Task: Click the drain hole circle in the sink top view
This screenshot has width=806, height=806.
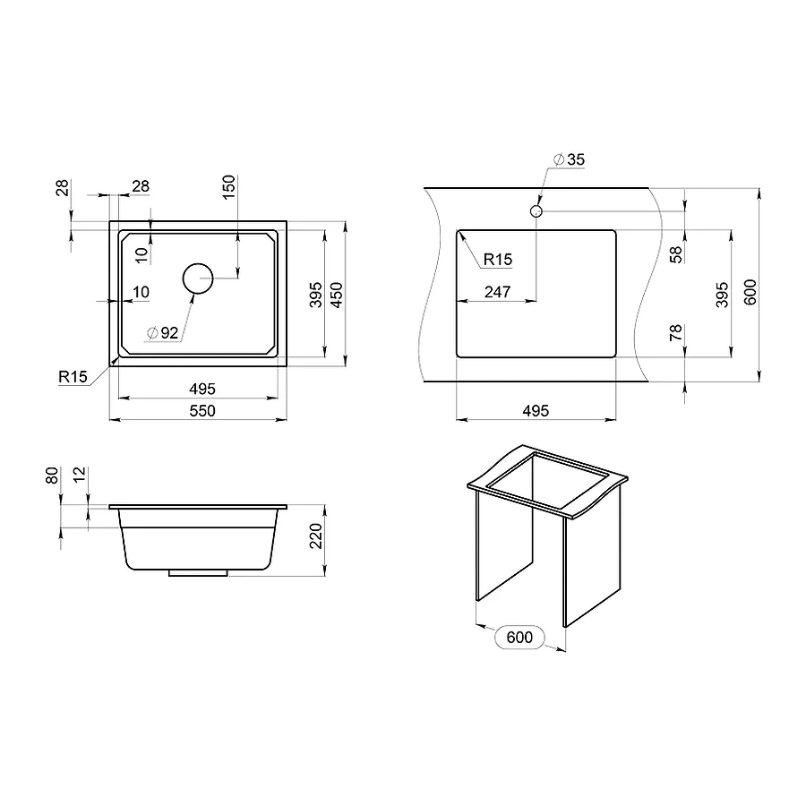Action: point(198,279)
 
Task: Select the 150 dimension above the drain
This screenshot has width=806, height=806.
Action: point(228,185)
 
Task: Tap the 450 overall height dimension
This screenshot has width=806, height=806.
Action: point(337,296)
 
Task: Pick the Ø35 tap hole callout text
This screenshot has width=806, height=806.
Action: point(569,159)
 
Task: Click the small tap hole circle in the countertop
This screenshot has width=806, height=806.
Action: point(536,211)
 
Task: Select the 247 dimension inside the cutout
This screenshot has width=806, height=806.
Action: point(497,292)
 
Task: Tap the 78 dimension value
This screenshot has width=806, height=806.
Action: point(676,335)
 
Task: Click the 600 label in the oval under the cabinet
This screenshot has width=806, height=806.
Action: point(519,638)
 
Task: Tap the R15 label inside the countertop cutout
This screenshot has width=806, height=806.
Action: point(497,260)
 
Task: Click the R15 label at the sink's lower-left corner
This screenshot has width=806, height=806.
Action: point(73,377)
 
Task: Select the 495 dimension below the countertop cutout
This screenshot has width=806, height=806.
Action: point(535,410)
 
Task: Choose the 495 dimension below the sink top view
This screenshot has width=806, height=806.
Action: point(202,389)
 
